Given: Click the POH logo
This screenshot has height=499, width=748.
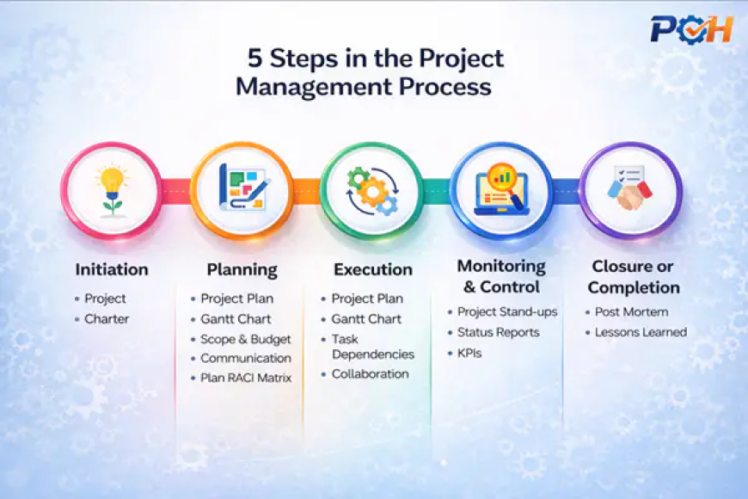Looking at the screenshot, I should coord(691,28).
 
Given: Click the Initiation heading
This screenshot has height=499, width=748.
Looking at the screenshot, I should coord(112,269).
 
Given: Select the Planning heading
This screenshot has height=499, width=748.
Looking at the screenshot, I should coord(242,269).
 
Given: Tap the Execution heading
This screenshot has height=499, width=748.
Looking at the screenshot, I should coord(372,269).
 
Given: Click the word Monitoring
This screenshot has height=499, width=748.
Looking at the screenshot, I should coord(501,266).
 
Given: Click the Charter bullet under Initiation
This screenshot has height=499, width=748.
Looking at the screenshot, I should coord(107,319).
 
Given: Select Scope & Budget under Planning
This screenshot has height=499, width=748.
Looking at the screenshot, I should coord(245,339).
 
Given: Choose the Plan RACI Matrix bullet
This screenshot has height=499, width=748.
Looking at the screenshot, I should coord(247,378).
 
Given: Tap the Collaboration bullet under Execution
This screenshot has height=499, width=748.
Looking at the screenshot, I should coord(370,374).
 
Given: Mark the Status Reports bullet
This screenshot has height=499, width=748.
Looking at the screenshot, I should coord(498,332).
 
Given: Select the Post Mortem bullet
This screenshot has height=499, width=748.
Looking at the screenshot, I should coord(631,311).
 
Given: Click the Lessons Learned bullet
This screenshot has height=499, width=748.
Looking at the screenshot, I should coord(641,332).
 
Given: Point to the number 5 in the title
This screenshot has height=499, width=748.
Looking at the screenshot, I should coord(254,59).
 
